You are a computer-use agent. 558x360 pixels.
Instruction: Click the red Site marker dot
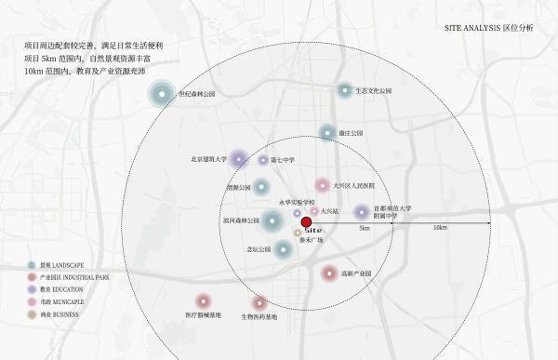coord(306,221)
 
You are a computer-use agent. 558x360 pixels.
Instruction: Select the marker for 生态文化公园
coord(345,90)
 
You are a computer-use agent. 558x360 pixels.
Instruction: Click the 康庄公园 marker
coord(326,133)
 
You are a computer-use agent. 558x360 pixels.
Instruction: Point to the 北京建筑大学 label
coord(208,159)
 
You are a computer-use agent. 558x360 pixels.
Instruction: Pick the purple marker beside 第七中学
coord(238,159)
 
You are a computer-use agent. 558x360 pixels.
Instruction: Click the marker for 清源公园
coord(261,187)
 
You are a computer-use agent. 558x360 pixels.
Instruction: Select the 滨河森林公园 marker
coord(272,220)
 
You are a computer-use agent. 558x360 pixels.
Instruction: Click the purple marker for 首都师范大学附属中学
coord(361,212)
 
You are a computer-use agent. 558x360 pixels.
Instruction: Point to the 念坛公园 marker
coord(283,248)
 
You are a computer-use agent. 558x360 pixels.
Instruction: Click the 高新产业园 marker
coord(329,273)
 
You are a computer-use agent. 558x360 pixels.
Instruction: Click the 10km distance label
coord(440,229)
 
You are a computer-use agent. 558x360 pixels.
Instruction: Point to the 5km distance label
coord(365,229)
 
